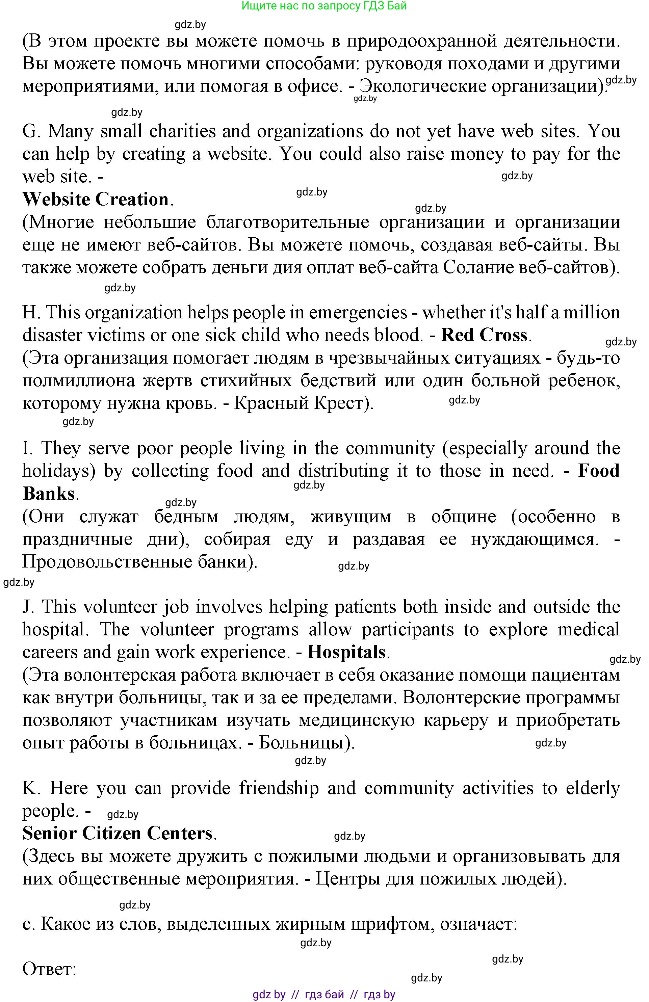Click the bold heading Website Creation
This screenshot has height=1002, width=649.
pos(96,199)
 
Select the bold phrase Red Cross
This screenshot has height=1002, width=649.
pos(484,335)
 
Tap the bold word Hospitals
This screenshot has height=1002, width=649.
pos(346,652)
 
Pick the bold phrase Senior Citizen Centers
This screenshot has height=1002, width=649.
pos(118,833)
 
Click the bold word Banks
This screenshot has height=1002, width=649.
pos(48,494)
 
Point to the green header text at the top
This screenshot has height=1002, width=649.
pos(324,6)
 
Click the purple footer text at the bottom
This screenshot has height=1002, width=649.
pos(324,995)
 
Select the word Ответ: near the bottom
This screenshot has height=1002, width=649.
pos(49,969)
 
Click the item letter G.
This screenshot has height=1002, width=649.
pos(30,131)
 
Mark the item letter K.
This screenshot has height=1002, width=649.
pos(30,788)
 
